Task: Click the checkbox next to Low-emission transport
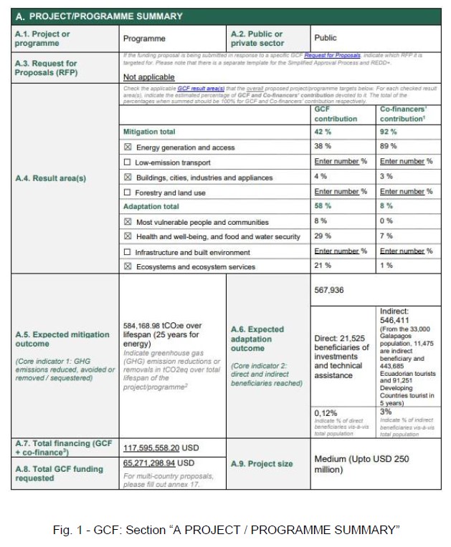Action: pyautogui.click(x=127, y=162)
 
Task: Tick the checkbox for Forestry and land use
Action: pyautogui.click(x=127, y=192)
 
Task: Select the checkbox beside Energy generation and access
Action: pyautogui.click(x=127, y=147)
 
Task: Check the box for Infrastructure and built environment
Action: pyautogui.click(x=127, y=252)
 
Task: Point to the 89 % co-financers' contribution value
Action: pyautogui.click(x=388, y=147)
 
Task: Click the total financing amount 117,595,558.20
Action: pyautogui.click(x=159, y=448)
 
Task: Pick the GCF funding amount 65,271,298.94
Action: pyautogui.click(x=156, y=463)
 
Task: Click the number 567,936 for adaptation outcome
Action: pyautogui.click(x=330, y=290)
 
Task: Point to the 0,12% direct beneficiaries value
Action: pyautogui.click(x=326, y=412)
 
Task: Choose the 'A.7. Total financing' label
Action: pyautogui.click(x=64, y=447)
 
